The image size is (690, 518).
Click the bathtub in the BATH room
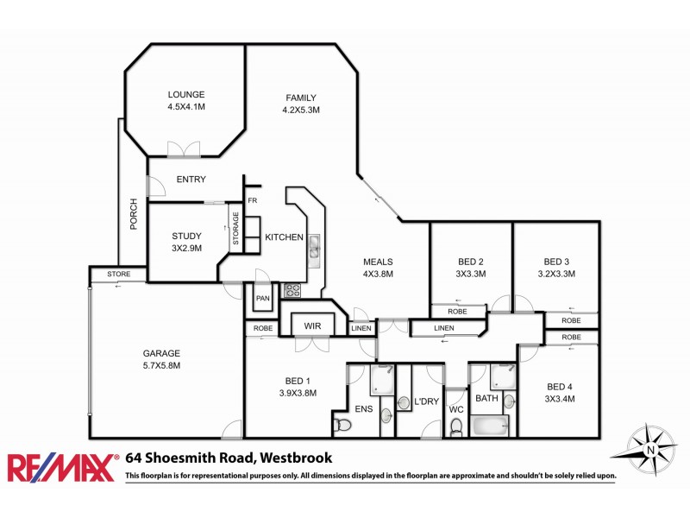[x=490, y=426]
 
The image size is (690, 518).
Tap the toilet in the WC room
[x=456, y=426]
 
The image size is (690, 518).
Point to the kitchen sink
[x=314, y=247]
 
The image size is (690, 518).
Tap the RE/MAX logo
[x=62, y=466]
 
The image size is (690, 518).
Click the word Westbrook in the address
[x=295, y=458]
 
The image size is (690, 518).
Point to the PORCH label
[x=134, y=216]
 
